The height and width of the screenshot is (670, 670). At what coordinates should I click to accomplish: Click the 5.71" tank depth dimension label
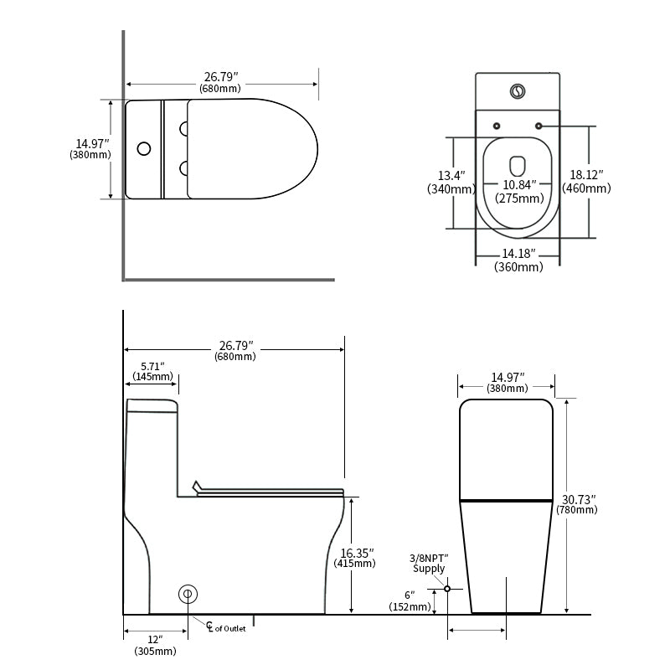click(x=152, y=366)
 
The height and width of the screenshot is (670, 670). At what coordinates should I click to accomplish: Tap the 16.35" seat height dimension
click(x=358, y=553)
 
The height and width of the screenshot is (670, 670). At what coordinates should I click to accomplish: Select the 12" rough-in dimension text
click(x=155, y=639)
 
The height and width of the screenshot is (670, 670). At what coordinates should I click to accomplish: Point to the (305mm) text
click(x=155, y=651)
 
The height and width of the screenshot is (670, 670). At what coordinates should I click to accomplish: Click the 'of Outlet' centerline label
click(x=230, y=628)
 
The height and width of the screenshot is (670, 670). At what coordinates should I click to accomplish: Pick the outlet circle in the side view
click(x=188, y=594)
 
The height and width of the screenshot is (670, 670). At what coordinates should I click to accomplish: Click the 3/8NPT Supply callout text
click(x=429, y=563)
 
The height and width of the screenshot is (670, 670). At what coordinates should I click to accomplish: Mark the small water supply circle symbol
click(x=447, y=589)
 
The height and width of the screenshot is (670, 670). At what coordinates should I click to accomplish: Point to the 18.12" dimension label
click(x=586, y=174)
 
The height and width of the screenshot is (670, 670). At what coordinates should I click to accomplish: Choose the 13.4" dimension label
click(x=451, y=175)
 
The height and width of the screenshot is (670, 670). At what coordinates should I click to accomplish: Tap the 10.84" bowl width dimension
click(x=518, y=185)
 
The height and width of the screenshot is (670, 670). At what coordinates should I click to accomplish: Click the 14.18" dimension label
click(x=518, y=253)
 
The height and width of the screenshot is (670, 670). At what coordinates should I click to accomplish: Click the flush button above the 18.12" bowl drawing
click(x=518, y=90)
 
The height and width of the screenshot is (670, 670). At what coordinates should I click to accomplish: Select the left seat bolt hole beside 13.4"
click(x=497, y=126)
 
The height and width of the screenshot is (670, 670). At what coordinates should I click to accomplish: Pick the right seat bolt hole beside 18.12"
click(x=538, y=126)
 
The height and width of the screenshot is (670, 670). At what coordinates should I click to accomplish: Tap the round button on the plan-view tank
click(x=143, y=149)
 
